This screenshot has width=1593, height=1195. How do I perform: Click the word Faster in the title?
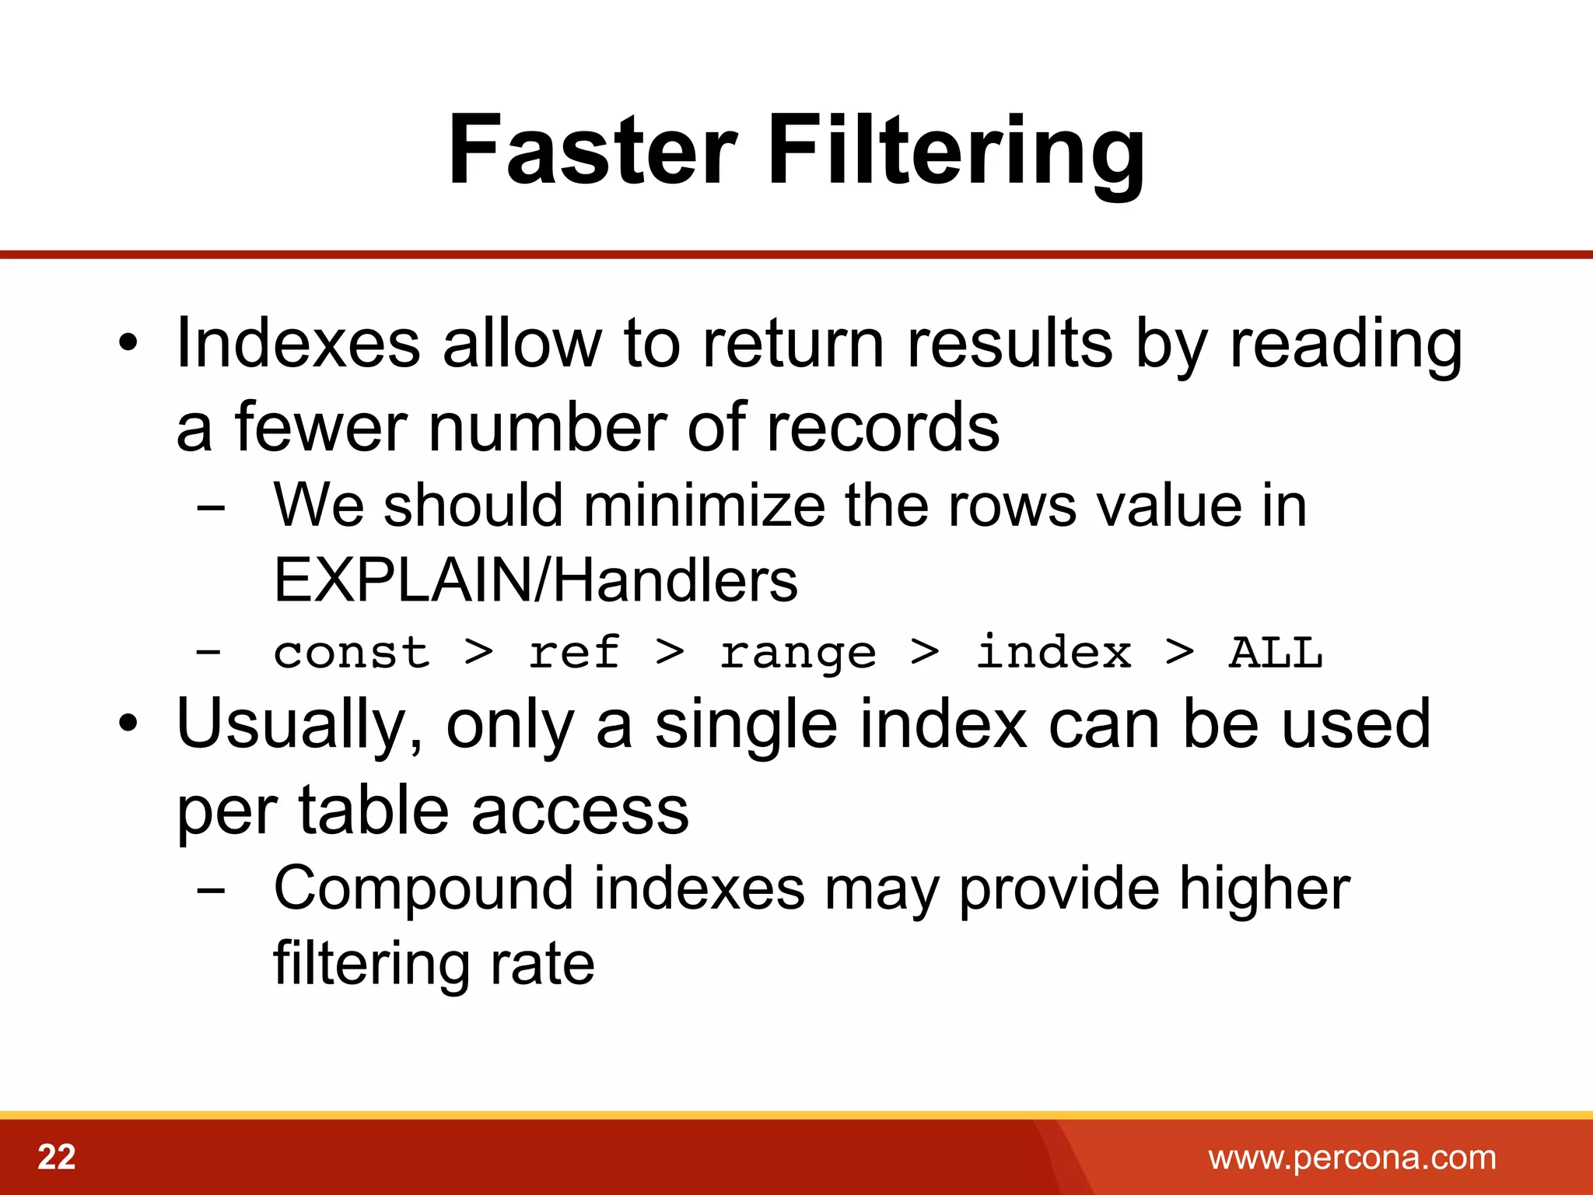click(592, 149)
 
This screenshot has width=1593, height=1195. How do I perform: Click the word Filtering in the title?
click(957, 152)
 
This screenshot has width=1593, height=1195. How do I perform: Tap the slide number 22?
click(57, 1157)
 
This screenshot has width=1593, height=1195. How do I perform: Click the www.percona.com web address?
click(1352, 1158)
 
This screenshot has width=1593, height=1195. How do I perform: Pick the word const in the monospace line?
click(352, 652)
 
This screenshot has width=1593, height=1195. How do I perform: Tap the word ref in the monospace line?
click(573, 652)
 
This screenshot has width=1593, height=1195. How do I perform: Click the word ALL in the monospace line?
click(1275, 652)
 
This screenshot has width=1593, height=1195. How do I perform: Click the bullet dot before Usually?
click(128, 724)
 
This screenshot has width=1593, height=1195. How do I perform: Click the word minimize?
click(705, 506)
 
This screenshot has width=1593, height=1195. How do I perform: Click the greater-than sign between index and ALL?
click(1179, 652)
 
